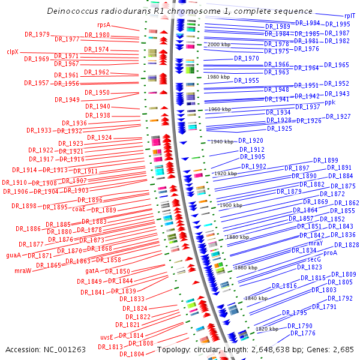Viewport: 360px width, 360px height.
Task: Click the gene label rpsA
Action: pos(104,25)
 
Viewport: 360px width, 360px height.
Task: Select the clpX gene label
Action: pos(13,52)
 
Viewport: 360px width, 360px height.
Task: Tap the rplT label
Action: pos(349,16)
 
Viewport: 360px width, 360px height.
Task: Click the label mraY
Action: pos(316,243)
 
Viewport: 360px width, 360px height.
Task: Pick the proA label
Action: pos(331,253)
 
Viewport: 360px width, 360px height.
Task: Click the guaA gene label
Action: pos(13,255)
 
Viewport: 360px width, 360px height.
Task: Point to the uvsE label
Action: pos(107,337)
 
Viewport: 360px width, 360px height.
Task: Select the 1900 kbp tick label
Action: pos(231,205)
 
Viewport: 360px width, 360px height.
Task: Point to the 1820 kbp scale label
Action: pos(266,329)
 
